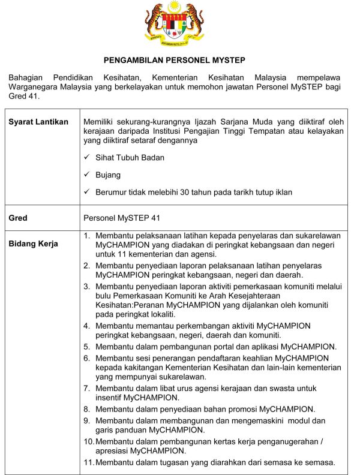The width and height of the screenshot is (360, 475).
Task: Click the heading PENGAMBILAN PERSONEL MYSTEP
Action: coord(175,61)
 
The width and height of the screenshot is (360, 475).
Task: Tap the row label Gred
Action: coord(18,218)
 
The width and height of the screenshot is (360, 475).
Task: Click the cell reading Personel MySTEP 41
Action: coord(121,218)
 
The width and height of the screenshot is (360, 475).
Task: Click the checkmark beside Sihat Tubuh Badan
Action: coord(87,157)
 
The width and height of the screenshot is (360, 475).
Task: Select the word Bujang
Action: coord(108,175)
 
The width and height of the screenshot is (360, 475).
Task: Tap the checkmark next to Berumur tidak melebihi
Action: coord(87,192)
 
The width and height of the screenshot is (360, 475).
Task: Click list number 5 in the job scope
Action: coord(87,347)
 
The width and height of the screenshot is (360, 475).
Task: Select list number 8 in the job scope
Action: coord(87,409)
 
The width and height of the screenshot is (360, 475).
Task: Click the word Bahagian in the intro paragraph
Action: coord(27,78)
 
